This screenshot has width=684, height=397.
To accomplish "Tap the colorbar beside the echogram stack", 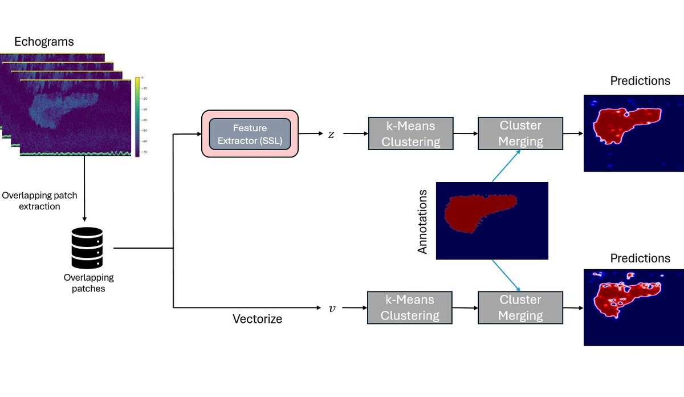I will [x=137, y=116].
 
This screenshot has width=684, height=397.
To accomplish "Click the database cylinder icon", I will [x=87, y=248].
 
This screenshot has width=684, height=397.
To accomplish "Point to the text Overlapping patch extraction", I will [x=39, y=201].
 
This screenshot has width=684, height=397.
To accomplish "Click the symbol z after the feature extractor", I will [x=331, y=135].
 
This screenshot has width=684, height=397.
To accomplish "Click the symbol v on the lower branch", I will [x=332, y=308].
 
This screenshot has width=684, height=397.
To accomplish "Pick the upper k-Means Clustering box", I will [x=410, y=133].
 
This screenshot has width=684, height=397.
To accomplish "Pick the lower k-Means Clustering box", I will [x=410, y=307].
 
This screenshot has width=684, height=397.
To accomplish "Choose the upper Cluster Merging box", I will [x=520, y=133].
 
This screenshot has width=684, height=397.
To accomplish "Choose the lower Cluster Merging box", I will [x=520, y=307].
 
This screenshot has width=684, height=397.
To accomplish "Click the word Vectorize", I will [x=257, y=319].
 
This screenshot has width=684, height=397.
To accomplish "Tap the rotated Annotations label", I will [x=423, y=222].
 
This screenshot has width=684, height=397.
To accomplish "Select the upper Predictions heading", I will [x=640, y=81].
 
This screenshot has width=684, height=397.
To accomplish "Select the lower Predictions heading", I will [x=640, y=258].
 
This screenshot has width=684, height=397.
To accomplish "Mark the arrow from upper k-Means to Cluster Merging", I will [x=465, y=135].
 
